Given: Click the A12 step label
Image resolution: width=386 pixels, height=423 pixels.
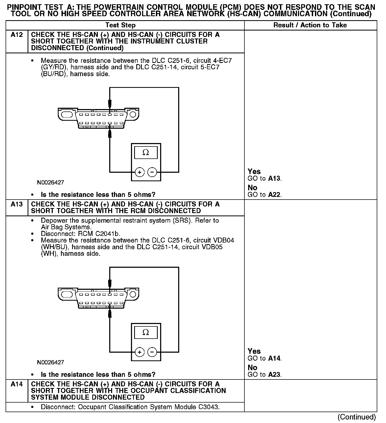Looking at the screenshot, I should tap(16, 35).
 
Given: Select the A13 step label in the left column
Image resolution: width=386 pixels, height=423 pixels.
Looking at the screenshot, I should tap(16, 204).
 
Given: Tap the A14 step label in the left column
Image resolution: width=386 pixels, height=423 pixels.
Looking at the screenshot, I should tap(16, 384).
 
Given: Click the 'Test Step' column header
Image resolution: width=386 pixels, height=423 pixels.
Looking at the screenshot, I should tap(120, 25).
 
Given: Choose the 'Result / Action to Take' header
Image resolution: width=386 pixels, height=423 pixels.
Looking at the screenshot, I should tap(310, 25).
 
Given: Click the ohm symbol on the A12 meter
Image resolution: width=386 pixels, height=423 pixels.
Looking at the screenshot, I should tap(146, 152).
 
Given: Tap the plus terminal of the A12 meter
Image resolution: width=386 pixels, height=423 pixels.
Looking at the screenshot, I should tap(139, 172).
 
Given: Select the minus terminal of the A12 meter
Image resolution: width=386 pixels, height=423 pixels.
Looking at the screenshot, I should tap(152, 172).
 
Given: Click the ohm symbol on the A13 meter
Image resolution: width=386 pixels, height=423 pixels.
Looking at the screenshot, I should tap(146, 332).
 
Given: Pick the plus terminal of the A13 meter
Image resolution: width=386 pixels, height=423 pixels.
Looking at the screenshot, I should tap(139, 352).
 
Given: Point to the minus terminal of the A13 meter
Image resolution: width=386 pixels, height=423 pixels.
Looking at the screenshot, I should tap(152, 352).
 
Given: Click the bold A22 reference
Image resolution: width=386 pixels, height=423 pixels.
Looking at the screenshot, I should tap(274, 195).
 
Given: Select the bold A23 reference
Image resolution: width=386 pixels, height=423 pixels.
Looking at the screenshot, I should tap(274, 375).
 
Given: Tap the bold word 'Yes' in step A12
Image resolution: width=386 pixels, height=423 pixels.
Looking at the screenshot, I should tap(254, 171).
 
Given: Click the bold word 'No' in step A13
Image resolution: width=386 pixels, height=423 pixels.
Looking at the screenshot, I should tap(252, 368).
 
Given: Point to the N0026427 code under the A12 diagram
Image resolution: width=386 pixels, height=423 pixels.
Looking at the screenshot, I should tap(50, 183).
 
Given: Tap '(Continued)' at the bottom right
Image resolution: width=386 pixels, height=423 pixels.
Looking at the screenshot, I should tap(357, 417).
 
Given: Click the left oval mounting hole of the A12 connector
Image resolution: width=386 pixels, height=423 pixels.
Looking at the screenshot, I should tap(66, 115).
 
